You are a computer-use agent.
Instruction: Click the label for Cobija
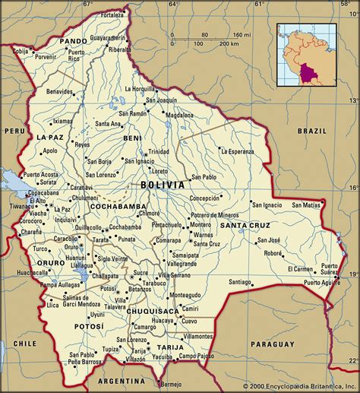pos(21,52)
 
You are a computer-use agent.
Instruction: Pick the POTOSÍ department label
pos(90,326)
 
